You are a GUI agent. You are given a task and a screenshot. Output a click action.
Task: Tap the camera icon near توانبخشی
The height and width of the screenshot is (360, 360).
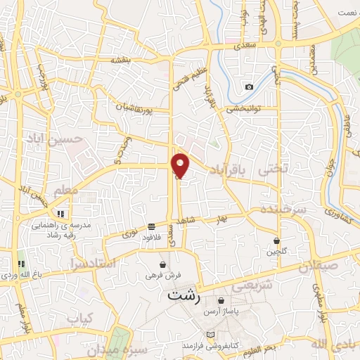(249, 87)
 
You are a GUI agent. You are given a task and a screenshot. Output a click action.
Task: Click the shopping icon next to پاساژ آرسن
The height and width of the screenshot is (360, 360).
(221, 300)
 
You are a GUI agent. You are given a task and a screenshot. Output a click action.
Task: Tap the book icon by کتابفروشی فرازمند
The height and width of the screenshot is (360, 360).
(209, 334)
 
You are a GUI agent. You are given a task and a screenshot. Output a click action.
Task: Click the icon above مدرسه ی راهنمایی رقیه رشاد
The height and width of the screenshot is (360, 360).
(60, 213)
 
